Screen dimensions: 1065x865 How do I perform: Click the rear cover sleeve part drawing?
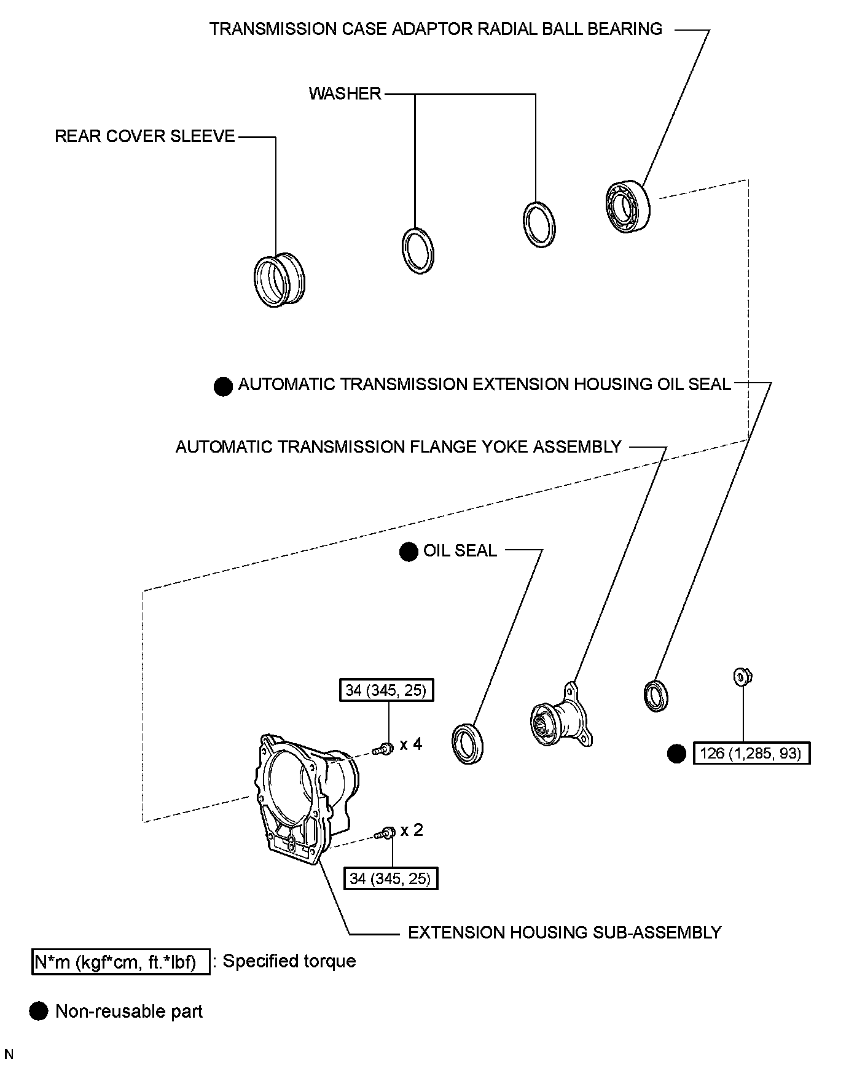(x=280, y=279)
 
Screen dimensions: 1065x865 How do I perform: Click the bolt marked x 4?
(x=383, y=749)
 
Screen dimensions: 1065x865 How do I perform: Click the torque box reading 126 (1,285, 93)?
(x=751, y=753)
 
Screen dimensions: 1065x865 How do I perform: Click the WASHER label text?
(x=345, y=94)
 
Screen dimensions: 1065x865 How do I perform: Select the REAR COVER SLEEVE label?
(x=145, y=136)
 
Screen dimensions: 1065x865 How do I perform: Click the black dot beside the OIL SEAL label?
(x=409, y=552)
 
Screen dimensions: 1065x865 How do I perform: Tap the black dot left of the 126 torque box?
(x=676, y=754)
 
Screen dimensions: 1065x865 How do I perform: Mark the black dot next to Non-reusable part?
(x=39, y=1012)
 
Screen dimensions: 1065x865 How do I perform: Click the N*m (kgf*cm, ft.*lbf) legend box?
(x=120, y=962)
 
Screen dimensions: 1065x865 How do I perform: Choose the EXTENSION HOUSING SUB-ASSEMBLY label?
(x=565, y=932)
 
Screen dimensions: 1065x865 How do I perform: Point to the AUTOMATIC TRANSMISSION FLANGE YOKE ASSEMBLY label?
(x=399, y=447)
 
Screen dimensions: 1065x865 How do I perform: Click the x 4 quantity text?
(x=411, y=744)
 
